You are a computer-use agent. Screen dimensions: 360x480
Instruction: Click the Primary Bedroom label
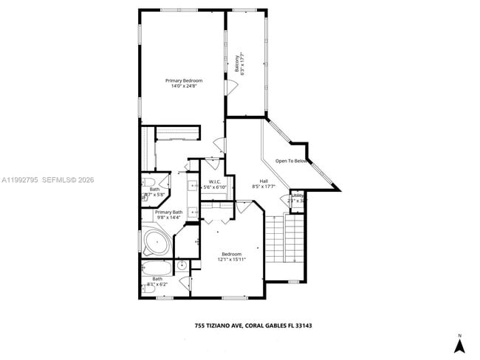[x=184, y=80]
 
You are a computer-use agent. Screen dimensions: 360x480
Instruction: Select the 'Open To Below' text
[x=291, y=161]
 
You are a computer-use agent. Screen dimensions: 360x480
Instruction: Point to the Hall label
[x=264, y=181]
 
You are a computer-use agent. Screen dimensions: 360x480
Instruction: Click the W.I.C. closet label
[x=215, y=181]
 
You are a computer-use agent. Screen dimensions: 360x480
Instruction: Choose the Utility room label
[x=297, y=195]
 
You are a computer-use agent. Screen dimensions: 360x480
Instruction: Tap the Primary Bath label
[x=168, y=212]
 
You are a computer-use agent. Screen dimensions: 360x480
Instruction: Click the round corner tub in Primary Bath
[x=157, y=241]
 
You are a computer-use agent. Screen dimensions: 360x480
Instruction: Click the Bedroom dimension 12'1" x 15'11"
[x=232, y=260]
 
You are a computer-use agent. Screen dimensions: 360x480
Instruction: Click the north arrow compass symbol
[x=459, y=343]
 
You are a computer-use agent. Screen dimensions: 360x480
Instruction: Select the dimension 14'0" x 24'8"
[x=184, y=86]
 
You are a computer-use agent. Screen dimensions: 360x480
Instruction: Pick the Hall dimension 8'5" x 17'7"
[x=264, y=187]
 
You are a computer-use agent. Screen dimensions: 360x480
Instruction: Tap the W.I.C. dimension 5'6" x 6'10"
[x=215, y=187]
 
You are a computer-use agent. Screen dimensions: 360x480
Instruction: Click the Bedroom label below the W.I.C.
[x=232, y=254]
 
